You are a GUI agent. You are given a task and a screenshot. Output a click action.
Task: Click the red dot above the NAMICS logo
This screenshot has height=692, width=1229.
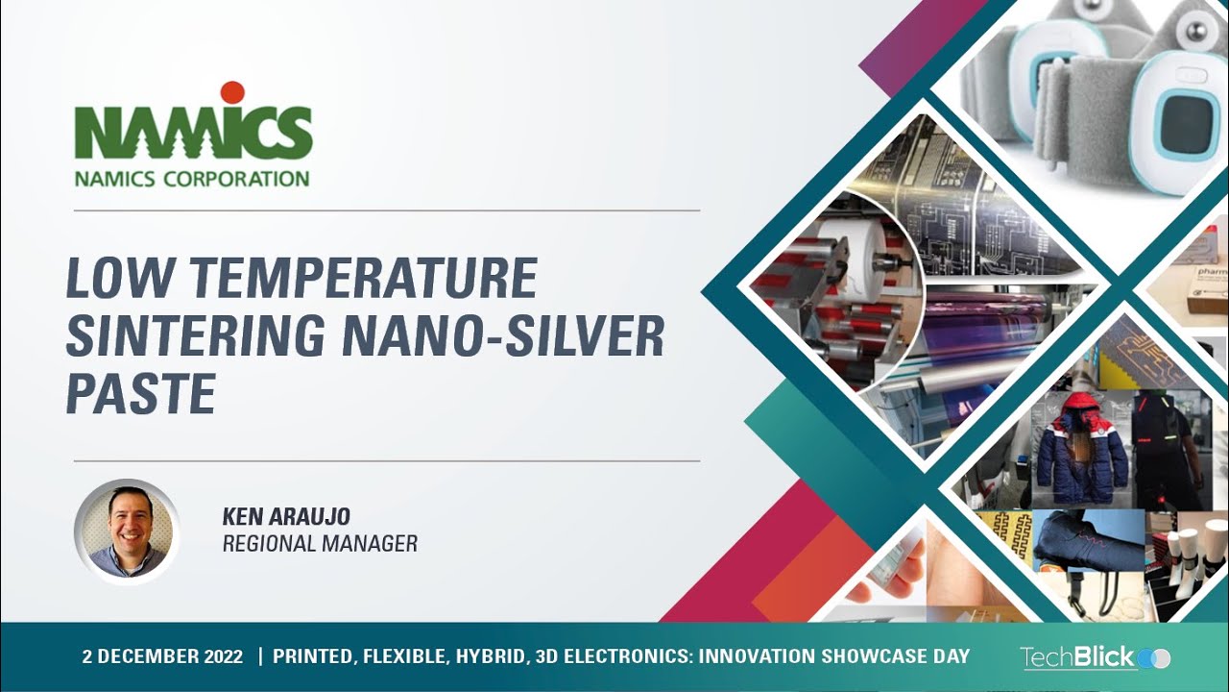pos(232,92)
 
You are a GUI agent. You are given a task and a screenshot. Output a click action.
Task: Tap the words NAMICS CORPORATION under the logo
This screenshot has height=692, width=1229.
pos(192,179)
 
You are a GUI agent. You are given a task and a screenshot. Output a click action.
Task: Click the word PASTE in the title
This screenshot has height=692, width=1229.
pos(139,394)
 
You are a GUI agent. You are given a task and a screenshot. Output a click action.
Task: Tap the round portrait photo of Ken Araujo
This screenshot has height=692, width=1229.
pos(127,531)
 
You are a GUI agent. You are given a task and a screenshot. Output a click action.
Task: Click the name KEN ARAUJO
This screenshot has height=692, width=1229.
pos(286,517)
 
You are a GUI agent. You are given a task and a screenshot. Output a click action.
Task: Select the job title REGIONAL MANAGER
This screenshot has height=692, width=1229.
pos(320,544)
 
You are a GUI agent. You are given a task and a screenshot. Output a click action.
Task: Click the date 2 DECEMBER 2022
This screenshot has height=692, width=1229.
pos(162,657)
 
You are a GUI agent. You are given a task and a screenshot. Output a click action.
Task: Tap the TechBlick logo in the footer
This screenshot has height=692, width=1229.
pos(1095,657)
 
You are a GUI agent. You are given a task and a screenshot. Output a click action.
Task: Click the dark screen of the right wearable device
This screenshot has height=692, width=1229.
pos(1188,119)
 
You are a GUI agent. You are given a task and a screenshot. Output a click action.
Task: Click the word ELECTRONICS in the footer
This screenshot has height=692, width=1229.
pos(622,657)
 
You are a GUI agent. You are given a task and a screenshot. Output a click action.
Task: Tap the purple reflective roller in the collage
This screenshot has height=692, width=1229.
pos(999,327)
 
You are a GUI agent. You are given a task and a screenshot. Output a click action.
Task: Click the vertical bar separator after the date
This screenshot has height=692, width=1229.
pos(259,657)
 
